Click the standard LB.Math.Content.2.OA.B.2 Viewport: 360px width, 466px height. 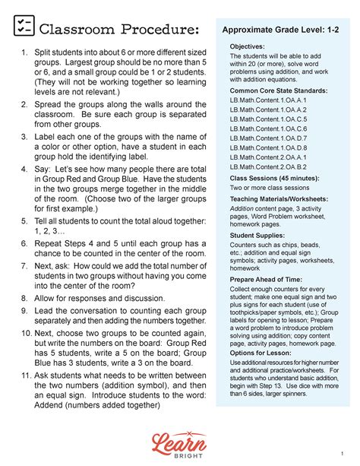click(x=269, y=166)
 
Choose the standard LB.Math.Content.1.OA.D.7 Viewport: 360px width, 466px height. click(x=269, y=138)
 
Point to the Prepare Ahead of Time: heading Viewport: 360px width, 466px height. click(x=268, y=281)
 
